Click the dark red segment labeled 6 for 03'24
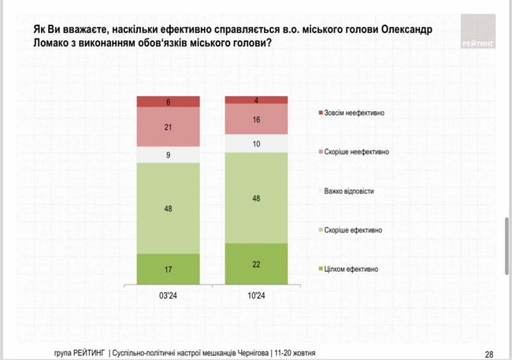[168, 102]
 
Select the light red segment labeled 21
[168, 127]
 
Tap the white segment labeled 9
[168, 155]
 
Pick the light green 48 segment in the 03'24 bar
[168, 208]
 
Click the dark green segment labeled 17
[168, 268]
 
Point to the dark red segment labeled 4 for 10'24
[256, 100]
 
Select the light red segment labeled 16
[256, 119]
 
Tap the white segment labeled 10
[256, 143]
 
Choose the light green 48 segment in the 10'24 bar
[256, 198]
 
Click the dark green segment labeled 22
[256, 263]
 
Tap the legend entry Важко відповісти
[351, 191]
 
